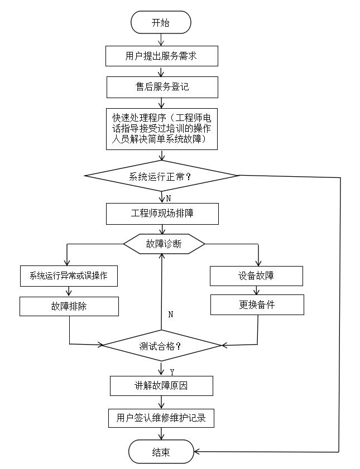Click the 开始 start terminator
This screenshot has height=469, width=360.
click(x=161, y=23)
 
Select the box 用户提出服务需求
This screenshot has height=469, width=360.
click(x=161, y=56)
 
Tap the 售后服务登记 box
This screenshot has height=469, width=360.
click(x=161, y=87)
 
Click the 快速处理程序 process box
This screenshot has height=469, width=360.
click(x=161, y=129)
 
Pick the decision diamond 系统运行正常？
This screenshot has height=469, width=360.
click(x=161, y=176)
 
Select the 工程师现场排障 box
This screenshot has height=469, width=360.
click(x=162, y=214)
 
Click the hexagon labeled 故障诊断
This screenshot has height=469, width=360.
click(x=164, y=244)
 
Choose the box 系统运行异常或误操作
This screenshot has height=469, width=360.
click(x=69, y=276)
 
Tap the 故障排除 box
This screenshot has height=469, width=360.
click(x=69, y=306)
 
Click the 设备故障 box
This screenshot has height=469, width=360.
click(x=256, y=276)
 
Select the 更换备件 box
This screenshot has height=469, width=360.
click(x=257, y=305)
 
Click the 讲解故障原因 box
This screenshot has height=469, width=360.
click(x=161, y=385)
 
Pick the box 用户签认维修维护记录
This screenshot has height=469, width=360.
click(x=161, y=418)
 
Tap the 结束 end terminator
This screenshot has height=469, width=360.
click(x=161, y=452)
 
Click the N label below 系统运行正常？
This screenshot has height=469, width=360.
click(x=168, y=197)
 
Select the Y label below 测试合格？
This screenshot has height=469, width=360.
click(x=172, y=371)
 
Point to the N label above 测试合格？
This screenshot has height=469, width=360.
click(x=170, y=315)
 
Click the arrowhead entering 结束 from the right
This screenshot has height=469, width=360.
click(x=198, y=452)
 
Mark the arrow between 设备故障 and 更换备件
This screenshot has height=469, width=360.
click(x=257, y=291)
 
